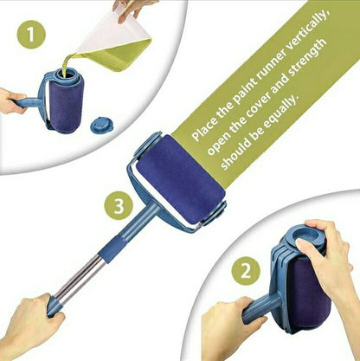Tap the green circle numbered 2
coord(246,272)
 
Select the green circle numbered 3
coord(119,207)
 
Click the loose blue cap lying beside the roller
coord(102,125)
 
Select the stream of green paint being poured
coord(68,62)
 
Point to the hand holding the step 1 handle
coord(11,101)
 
